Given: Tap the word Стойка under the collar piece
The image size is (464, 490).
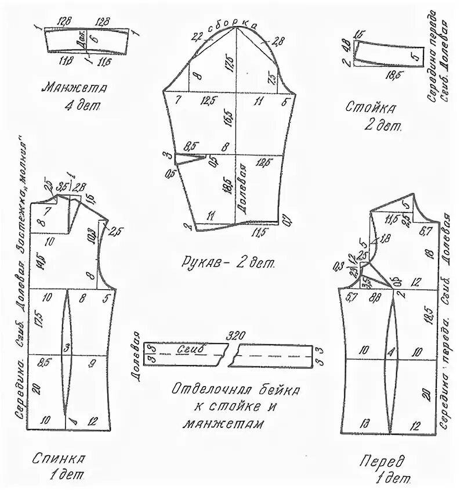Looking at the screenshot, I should tap(371, 107).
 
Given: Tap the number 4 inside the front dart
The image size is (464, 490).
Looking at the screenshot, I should tap(391, 351).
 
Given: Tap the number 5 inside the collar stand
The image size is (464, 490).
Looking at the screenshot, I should tap(414, 57).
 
